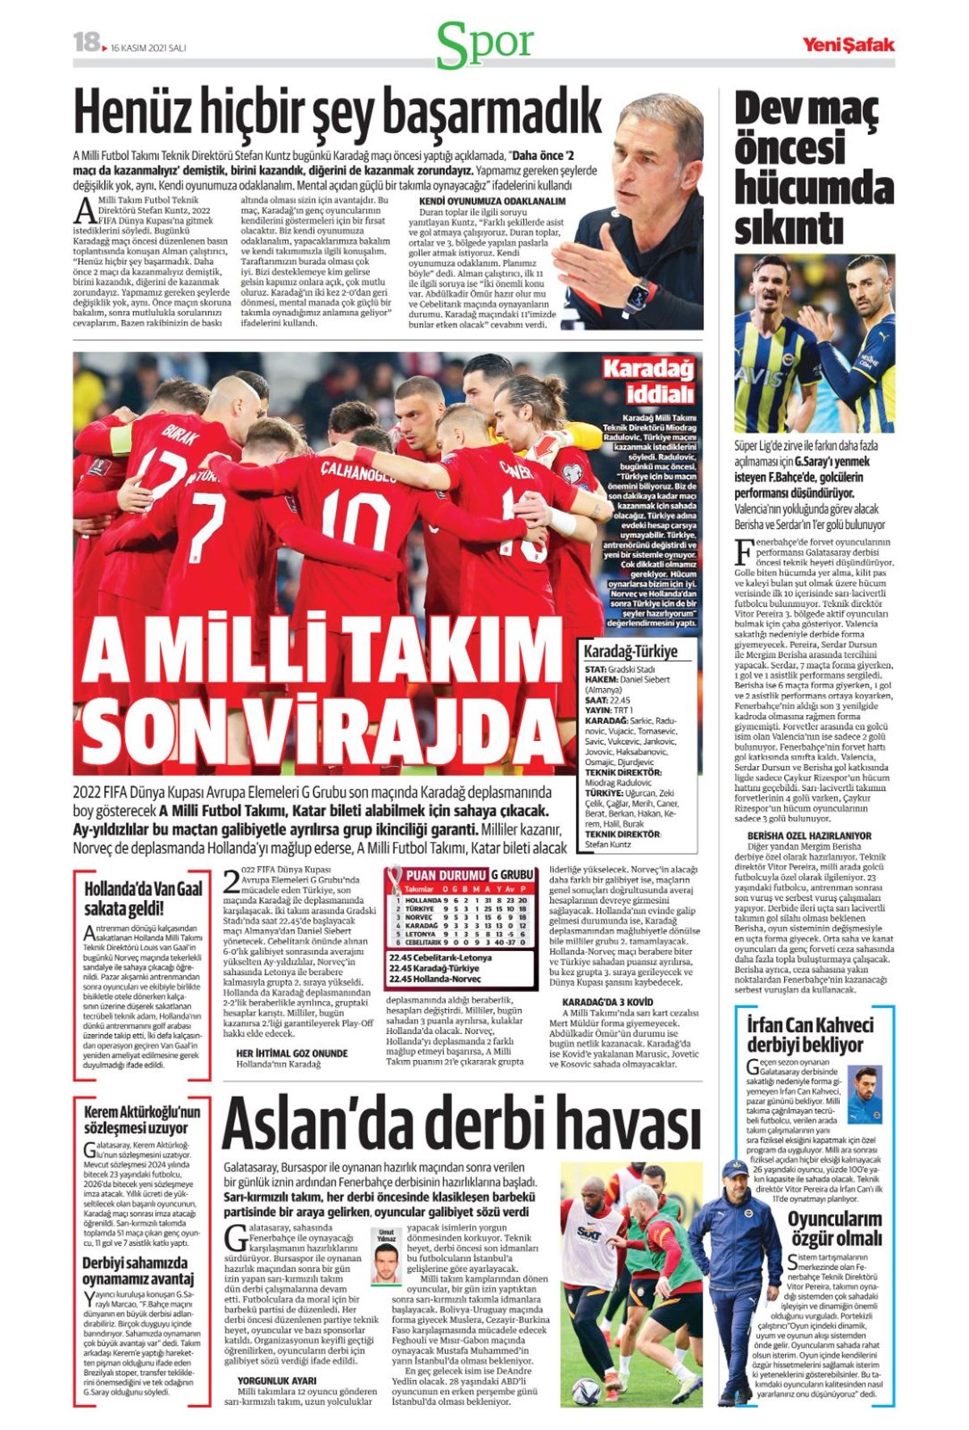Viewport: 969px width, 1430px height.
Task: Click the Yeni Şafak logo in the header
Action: [x=847, y=44]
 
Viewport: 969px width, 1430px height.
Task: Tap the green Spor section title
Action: [x=484, y=44]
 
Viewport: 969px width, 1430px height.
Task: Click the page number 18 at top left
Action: [x=86, y=42]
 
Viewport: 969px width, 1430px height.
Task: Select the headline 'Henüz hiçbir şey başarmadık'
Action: [x=338, y=112]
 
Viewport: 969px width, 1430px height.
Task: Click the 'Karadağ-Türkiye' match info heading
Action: [x=631, y=651]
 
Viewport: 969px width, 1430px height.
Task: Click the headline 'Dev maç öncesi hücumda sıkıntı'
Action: [x=812, y=169]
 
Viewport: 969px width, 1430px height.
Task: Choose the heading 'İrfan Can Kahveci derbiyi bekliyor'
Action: [x=810, y=1036]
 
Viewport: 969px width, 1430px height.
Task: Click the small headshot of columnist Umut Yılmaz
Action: [x=386, y=1260]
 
